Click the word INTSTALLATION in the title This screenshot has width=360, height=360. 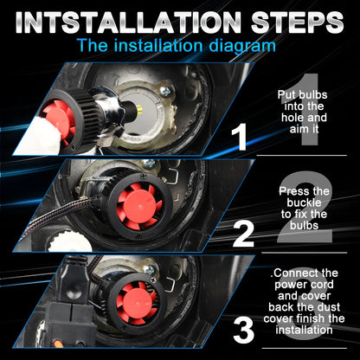(x=128, y=22)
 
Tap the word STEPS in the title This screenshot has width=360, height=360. (x=298, y=22)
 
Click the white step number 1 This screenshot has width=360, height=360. (x=239, y=137)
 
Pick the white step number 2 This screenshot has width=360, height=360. (x=243, y=234)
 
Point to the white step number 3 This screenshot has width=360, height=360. (x=243, y=330)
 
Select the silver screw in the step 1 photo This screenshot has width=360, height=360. (x=166, y=92)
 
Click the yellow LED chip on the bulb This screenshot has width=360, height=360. (x=140, y=111)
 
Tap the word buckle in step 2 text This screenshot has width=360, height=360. (x=304, y=202)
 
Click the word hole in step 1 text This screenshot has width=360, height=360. (x=292, y=118)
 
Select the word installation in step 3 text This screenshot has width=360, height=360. (x=304, y=330)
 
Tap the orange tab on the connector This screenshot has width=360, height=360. (x=59, y=344)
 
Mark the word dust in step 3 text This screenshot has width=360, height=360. (x=329, y=307)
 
